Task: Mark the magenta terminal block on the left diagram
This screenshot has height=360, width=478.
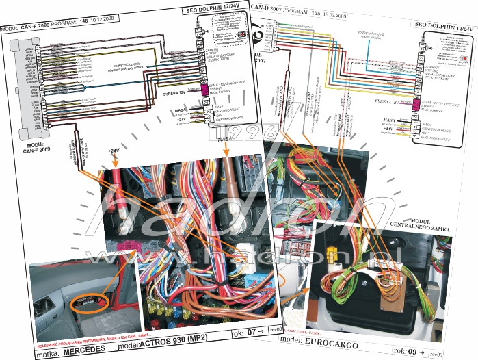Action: click(204, 90)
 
